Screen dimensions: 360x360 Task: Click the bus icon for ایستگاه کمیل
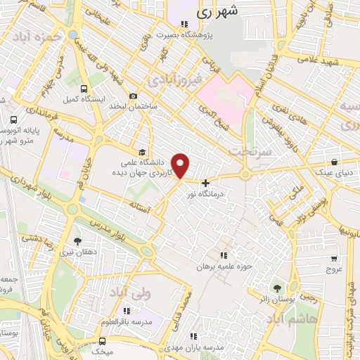coord(84,89)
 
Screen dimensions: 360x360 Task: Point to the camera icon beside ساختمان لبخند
coord(133,96)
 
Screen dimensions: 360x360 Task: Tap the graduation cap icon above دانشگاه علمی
coord(142,152)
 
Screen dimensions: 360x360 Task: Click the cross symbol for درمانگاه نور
coord(205,183)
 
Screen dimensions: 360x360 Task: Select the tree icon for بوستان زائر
coord(276,288)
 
